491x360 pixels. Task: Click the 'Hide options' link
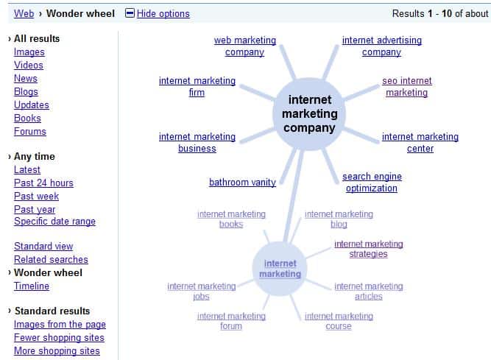coord(163,13)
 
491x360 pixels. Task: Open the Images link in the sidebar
coord(29,52)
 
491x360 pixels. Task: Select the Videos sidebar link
coord(29,66)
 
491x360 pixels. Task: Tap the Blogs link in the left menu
coord(26,92)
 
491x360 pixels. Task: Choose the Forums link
coord(30,132)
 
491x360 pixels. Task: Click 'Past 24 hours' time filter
coord(43,183)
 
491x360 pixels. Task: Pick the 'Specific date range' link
coord(54,222)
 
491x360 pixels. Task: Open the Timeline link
coord(32,286)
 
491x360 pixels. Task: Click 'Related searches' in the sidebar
coord(51,260)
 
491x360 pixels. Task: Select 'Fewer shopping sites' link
coord(59,338)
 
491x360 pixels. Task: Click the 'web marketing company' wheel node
coord(245,46)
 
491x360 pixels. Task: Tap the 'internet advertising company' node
coord(382,46)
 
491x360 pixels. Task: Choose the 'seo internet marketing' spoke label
coord(407,87)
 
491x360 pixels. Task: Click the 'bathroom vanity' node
coord(242,183)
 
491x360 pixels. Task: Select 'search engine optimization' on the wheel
coord(371,183)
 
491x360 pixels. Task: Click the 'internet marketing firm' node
coord(197,87)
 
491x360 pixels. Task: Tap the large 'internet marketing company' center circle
coord(310,113)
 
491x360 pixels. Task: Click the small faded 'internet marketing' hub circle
coord(280,269)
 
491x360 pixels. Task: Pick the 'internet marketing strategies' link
coord(369,249)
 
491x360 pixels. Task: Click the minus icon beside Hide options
coord(130,13)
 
